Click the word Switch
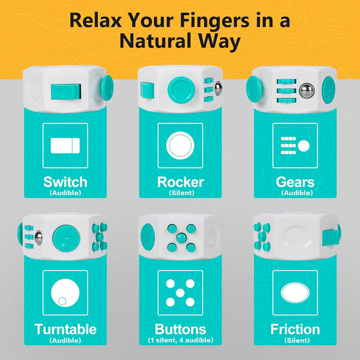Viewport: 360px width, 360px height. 66,182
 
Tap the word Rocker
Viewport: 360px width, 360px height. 181,182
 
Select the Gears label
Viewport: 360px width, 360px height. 295,182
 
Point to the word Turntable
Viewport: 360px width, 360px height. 66,330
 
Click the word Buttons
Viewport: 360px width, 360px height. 180,330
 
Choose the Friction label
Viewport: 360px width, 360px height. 295,330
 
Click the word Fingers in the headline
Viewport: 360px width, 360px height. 214,20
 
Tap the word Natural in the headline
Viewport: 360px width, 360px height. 155,41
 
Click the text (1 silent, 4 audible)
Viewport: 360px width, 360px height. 180,340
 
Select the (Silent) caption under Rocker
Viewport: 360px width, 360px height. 182,193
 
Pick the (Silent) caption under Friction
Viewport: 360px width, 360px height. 297,340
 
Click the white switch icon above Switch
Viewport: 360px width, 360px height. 66,146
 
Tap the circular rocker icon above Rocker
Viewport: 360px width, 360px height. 180,146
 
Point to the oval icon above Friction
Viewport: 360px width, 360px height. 295,292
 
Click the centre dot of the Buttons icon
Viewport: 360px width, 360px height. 180,293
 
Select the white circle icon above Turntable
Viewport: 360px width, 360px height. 66,292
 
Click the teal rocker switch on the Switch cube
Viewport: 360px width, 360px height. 66,91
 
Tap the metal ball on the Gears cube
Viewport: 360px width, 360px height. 307,91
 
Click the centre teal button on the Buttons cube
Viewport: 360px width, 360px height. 182,238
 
